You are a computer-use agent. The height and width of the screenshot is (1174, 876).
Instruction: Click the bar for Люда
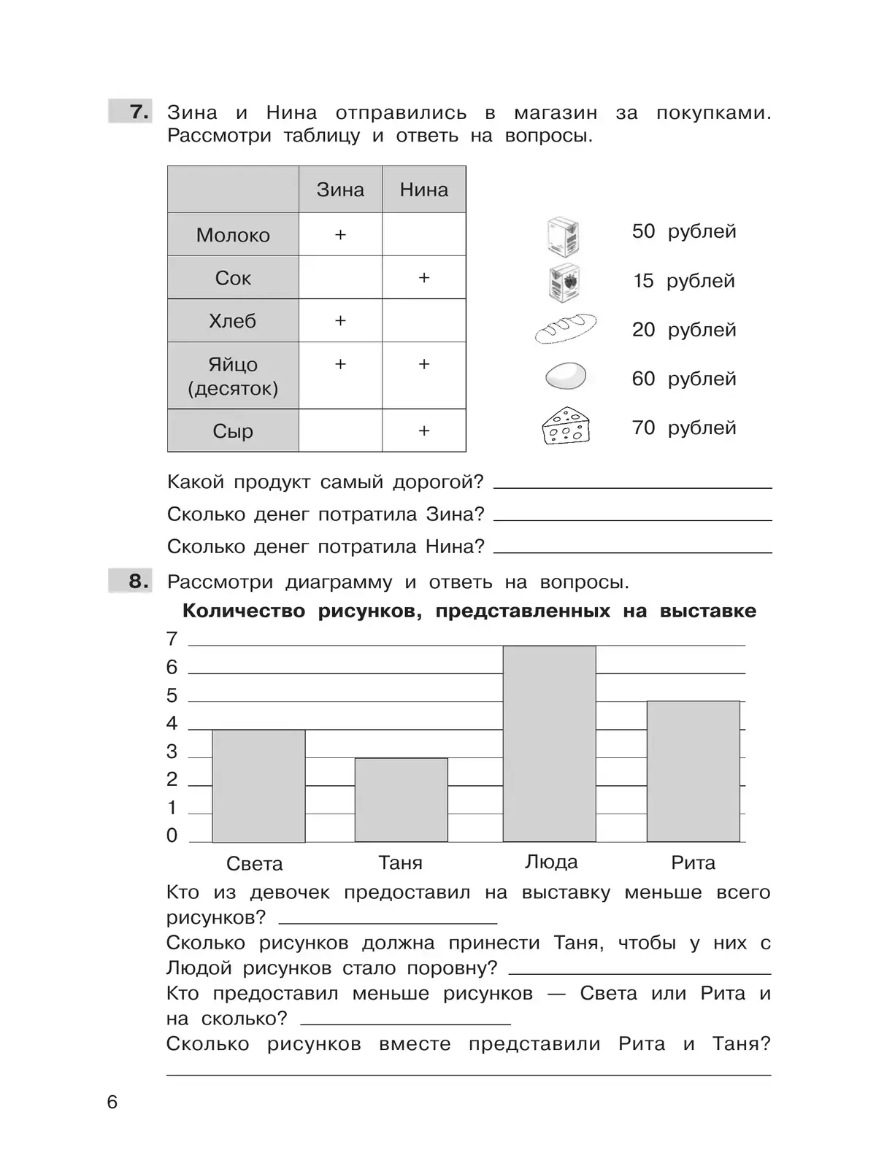point(549,744)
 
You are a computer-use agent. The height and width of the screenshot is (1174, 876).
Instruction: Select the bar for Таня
point(401,800)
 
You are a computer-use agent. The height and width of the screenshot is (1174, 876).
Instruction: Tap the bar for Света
point(258,786)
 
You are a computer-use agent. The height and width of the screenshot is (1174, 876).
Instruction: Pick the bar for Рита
point(693,771)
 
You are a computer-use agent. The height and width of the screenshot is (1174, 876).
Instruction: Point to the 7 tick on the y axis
point(172,639)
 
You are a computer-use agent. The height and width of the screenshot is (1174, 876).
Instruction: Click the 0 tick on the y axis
point(172,835)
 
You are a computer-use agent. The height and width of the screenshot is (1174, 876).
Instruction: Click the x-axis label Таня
point(401,863)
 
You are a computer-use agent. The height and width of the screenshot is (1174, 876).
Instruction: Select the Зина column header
point(340,190)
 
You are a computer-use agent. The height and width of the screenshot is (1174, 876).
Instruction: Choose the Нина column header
point(424,190)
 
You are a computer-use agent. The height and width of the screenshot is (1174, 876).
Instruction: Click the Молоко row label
point(233,235)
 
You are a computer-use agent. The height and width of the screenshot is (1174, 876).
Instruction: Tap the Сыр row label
point(233,431)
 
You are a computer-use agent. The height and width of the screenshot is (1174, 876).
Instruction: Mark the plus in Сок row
point(424,277)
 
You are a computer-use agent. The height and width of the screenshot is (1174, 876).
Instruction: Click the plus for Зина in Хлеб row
point(340,320)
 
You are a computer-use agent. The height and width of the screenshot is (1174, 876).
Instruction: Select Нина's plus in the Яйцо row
point(424,364)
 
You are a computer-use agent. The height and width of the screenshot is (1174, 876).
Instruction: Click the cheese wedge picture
point(565,426)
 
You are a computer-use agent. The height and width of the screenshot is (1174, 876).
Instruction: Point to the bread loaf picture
point(565,328)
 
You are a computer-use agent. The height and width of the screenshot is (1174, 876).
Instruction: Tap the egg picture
point(565,377)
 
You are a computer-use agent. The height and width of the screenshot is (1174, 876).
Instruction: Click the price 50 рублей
point(684,231)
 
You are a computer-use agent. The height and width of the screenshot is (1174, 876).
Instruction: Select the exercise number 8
point(139,582)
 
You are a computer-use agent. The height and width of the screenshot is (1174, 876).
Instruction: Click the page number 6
point(112,1102)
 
